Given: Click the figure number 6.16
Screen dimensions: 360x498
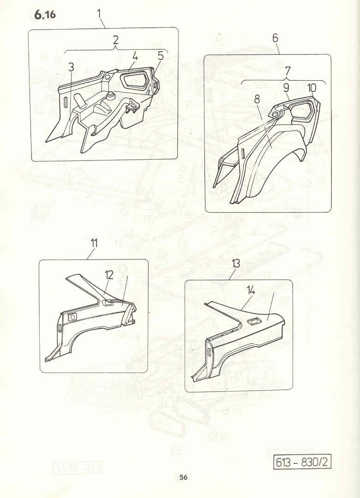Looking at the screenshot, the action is click(x=45, y=15).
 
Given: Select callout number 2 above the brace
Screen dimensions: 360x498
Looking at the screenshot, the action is click(x=115, y=40).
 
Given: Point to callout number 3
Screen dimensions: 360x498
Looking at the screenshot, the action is click(x=71, y=67).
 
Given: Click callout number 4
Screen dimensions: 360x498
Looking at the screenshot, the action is click(x=135, y=57).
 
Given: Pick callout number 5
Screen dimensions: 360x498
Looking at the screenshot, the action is click(x=160, y=56).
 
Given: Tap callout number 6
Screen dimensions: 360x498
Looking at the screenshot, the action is click(x=275, y=38).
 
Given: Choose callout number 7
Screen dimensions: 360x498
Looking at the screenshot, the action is click(x=288, y=71).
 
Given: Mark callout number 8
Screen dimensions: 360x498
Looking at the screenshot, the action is click(x=257, y=99).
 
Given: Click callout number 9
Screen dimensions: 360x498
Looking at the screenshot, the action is click(x=286, y=88).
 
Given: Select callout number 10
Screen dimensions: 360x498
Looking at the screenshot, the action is click(x=312, y=88).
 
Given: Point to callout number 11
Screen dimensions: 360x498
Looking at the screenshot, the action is click(x=94, y=244).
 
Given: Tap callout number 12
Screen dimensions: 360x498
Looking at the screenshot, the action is click(x=109, y=275).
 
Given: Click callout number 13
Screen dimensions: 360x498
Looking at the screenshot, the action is click(x=236, y=263).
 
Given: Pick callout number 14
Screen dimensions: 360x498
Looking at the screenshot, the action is click(x=251, y=290).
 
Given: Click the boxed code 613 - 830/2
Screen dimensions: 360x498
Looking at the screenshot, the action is click(x=302, y=462).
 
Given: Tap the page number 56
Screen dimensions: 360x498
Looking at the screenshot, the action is click(x=183, y=477).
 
